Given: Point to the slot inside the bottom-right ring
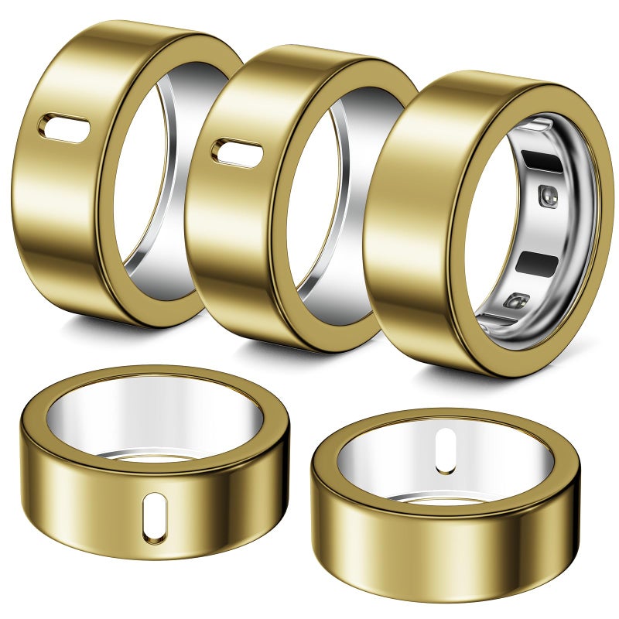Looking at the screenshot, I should click(445, 451).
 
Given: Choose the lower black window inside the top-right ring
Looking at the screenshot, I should click(542, 264).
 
